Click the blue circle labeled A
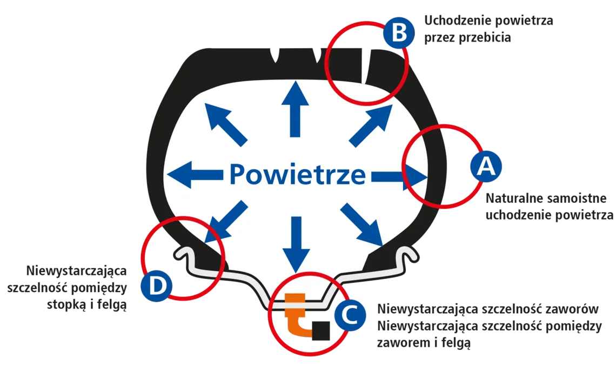(486, 166)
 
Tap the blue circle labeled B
(399, 32)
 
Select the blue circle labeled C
(350, 315)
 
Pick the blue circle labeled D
(156, 286)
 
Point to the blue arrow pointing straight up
(295, 109)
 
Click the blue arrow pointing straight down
(296, 244)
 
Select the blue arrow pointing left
(195, 175)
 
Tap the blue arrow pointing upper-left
(226, 124)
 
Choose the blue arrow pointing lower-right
(362, 224)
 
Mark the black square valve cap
(321, 331)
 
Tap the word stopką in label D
(66, 305)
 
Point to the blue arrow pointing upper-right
(371, 125)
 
